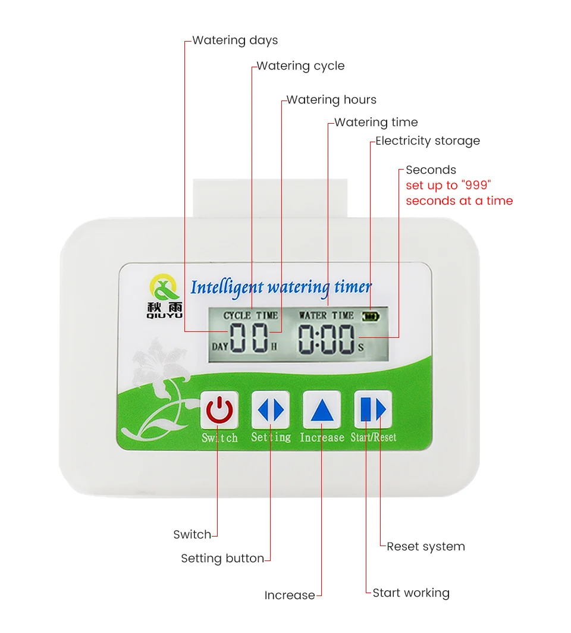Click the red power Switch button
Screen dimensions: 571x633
219,410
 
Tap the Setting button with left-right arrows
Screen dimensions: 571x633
271,409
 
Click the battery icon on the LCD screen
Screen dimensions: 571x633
371,316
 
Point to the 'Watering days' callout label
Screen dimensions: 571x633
235,40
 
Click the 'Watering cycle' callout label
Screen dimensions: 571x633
300,66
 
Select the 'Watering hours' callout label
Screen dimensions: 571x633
331,100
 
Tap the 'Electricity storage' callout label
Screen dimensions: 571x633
428,141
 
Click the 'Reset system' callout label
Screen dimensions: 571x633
426,547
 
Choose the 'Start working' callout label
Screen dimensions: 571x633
411,593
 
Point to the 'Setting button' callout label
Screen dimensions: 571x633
222,558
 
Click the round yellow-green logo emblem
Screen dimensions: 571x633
164,287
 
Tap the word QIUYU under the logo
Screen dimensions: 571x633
165,316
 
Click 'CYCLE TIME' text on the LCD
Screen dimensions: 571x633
250,316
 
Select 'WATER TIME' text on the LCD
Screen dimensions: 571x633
326,315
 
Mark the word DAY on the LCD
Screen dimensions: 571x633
220,347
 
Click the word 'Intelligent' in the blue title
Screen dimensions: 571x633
227,288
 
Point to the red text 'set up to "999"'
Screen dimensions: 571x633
448,185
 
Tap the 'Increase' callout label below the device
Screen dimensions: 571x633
290,596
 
